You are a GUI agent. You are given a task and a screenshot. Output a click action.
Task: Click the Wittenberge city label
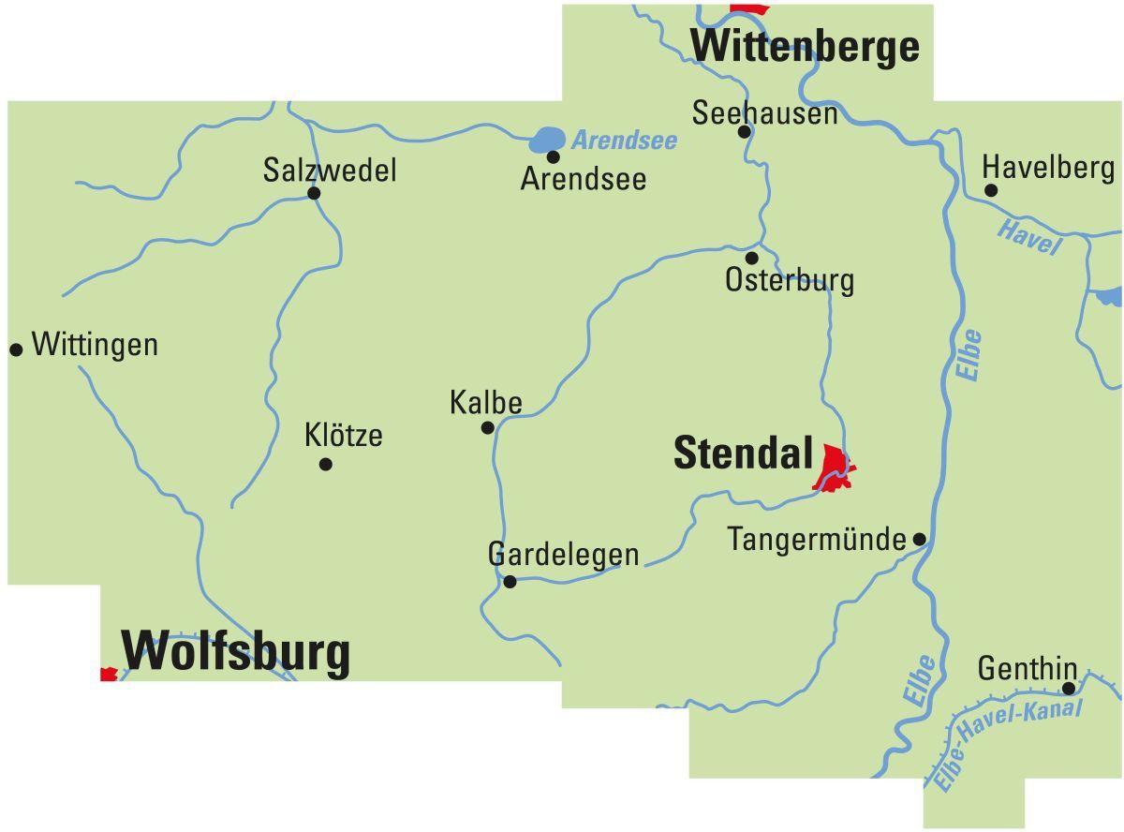tap(805, 45)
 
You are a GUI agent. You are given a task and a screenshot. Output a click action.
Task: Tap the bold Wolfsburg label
tap(236, 651)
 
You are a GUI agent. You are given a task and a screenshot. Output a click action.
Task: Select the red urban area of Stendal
tap(833, 466)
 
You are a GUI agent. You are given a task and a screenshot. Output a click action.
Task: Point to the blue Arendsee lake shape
tap(547, 141)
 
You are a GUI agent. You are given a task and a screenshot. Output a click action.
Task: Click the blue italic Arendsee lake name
tap(624, 141)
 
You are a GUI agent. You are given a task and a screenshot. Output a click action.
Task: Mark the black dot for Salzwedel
tap(314, 194)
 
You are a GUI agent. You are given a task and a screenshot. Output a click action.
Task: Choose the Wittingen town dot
tap(16, 349)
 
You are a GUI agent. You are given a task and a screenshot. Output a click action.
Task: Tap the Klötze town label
tap(344, 436)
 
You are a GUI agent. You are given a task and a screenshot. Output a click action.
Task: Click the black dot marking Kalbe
tap(487, 428)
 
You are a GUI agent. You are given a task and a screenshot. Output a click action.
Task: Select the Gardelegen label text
tap(563, 554)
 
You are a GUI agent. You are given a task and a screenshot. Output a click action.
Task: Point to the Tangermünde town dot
tap(920, 540)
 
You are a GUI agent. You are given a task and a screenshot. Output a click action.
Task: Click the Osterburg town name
tap(790, 280)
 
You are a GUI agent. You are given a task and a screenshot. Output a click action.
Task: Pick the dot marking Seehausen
tap(745, 132)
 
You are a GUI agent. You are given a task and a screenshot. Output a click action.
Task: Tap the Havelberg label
tap(1048, 168)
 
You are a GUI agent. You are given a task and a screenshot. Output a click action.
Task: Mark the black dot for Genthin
tap(1069, 689)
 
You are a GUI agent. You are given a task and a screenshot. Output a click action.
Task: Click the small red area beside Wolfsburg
tap(109, 674)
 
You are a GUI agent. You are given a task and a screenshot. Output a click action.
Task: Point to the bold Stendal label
tap(743, 453)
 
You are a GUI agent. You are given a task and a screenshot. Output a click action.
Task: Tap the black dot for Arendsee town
tap(554, 157)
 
